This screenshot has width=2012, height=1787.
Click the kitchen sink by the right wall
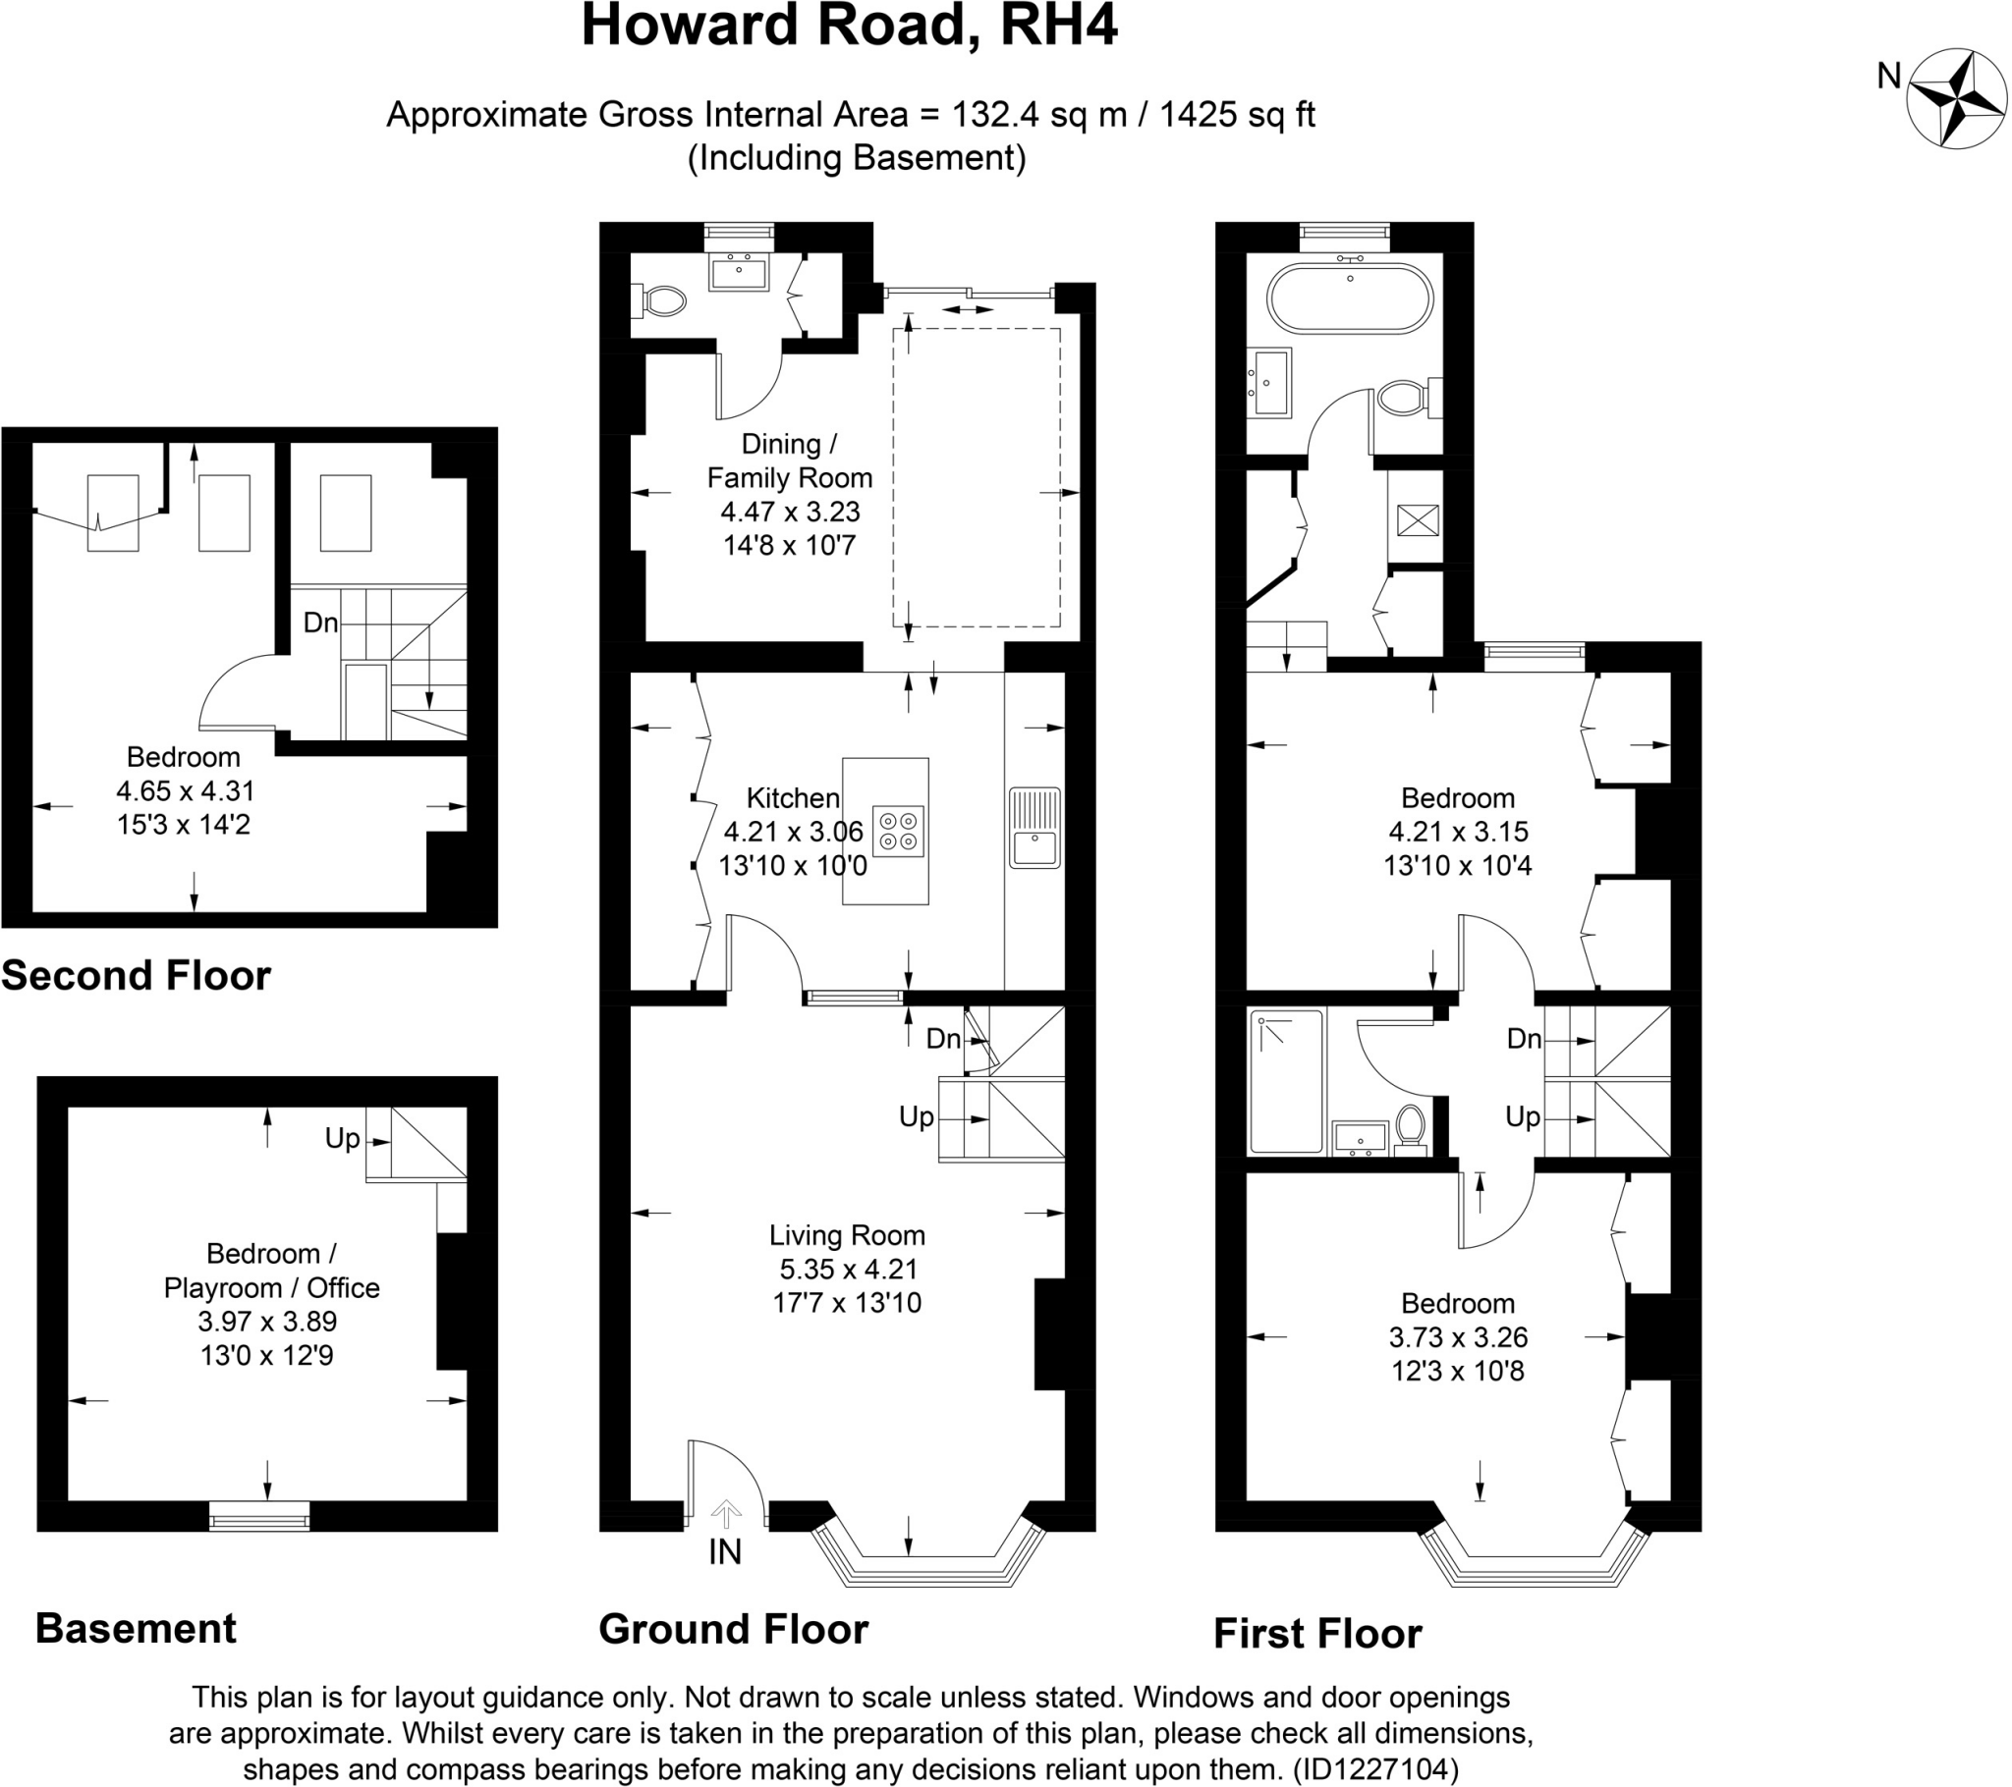1034,828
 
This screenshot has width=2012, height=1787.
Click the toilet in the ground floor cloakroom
662,300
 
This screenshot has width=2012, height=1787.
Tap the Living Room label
847,1235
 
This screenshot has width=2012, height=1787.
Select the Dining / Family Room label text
790,460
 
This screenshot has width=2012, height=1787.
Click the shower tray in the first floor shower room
1286,1080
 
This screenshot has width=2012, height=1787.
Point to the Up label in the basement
343,1139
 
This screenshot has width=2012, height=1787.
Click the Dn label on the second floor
320,623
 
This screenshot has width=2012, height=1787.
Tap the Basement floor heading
136,1629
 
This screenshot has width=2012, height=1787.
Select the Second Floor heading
136,975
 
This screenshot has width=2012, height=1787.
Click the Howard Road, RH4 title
849,27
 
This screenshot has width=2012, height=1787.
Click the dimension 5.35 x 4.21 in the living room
848,1270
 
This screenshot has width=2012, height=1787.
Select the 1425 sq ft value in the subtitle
1237,115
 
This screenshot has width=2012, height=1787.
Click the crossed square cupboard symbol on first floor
1418,520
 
